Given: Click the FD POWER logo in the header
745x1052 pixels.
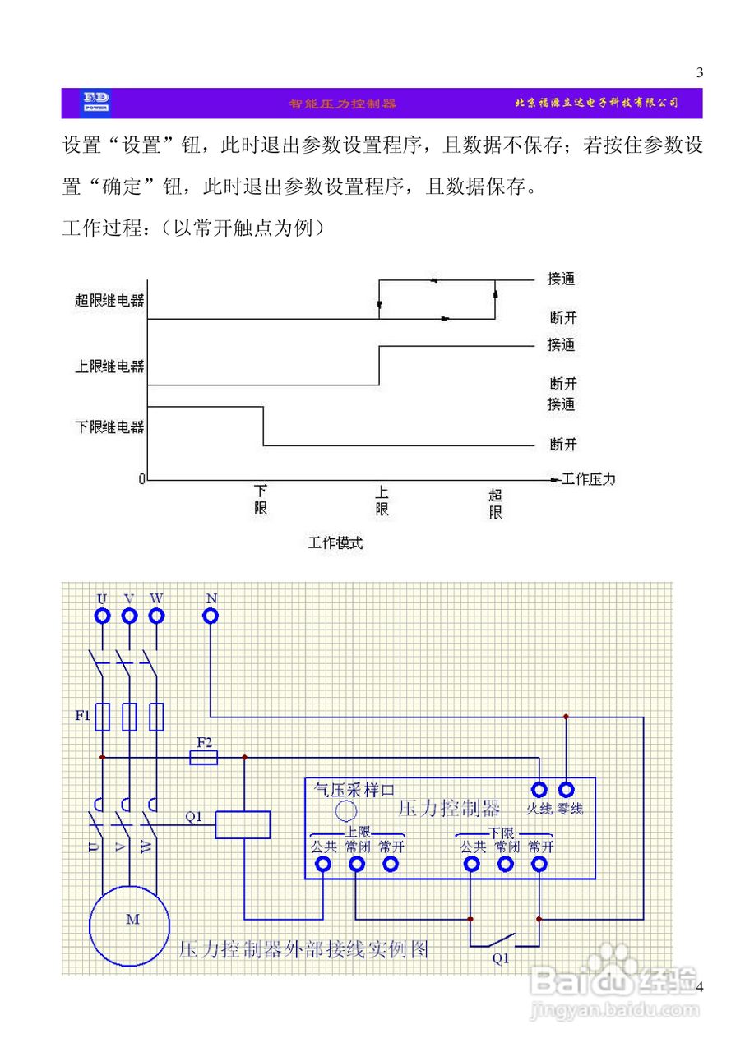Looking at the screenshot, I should point(96,103).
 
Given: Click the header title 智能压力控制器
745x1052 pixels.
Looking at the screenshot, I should point(342,104).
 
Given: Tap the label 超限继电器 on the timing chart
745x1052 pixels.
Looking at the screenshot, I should point(109,301).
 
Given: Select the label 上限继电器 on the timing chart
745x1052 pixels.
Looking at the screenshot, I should point(109,367).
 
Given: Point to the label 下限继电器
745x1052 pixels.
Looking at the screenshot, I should point(109,427).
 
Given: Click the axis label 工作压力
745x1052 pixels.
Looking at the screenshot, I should point(588,478).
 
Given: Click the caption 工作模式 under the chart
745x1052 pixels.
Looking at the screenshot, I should point(335,542).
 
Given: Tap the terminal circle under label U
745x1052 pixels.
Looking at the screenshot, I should point(102,616).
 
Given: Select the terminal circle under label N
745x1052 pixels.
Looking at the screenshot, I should point(211,616).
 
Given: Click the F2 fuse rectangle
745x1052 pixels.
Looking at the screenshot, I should point(204,757).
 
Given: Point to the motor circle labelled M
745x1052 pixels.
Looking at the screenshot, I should point(132,919).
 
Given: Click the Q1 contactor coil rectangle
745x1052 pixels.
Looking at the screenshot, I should point(243,824).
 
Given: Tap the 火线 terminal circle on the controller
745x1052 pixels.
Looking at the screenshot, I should point(539,790).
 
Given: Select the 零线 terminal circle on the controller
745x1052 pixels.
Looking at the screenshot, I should point(567,790).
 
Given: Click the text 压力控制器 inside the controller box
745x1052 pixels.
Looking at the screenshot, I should point(449,808).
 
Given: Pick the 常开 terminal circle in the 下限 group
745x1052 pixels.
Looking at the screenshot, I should point(539,864).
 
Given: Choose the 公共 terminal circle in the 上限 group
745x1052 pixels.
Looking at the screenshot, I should point(323,864).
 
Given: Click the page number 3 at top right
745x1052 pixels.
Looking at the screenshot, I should point(700,72).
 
